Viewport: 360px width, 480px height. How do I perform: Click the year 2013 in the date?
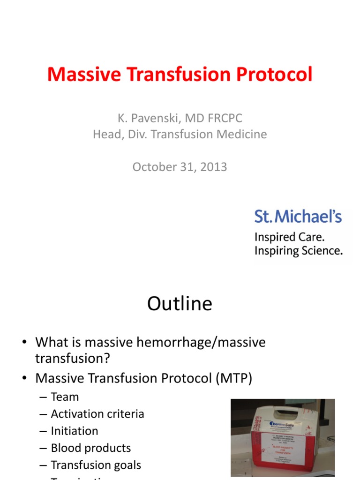tap(214, 167)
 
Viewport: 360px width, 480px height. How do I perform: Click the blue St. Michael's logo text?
tap(298, 217)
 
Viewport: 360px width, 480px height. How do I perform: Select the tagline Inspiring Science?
tap(298, 251)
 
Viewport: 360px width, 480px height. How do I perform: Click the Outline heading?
tap(180, 304)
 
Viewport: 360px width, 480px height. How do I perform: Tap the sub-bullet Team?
tap(65, 397)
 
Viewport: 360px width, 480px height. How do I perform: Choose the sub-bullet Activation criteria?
tap(97, 414)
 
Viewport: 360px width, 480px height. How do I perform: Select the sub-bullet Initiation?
tap(75, 431)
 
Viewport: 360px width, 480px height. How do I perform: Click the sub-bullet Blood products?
tap(91, 448)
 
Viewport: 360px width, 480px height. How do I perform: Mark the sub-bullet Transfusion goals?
tap(96, 465)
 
